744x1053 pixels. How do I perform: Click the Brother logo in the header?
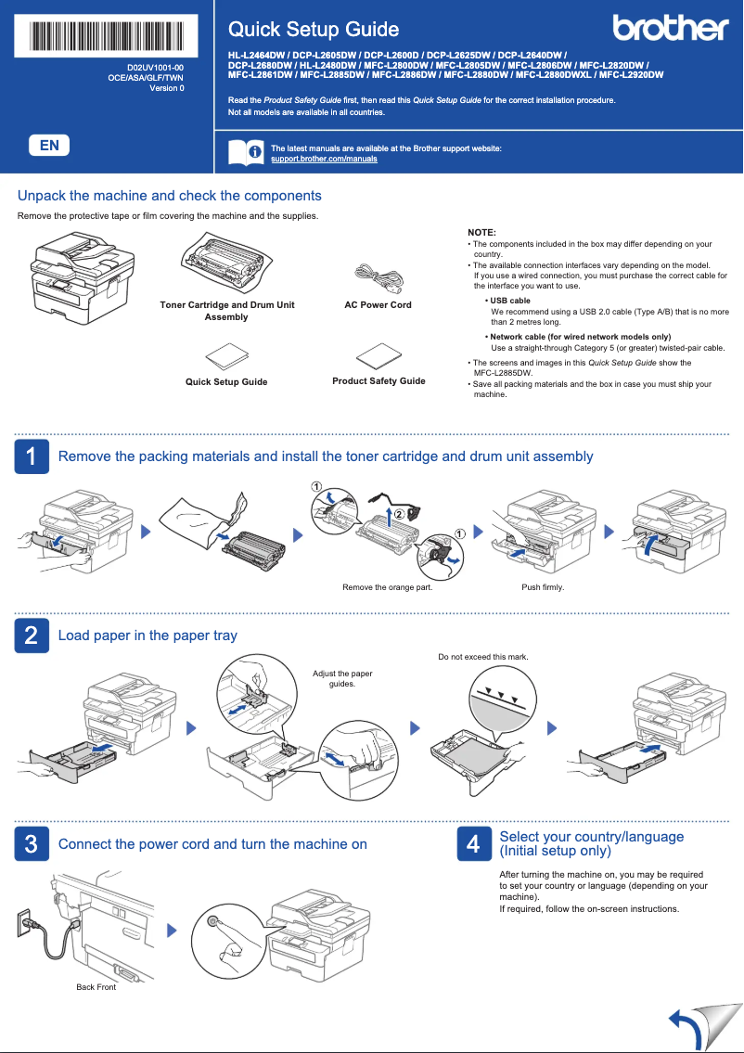671,28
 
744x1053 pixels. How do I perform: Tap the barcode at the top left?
108,35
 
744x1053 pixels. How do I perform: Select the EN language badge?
49,145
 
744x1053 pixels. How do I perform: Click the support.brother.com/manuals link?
324,160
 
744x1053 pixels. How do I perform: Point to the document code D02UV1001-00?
155,69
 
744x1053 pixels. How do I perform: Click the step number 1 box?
32,456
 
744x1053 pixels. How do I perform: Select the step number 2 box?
32,636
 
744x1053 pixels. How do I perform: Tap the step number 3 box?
32,844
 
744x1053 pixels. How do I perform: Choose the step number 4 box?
473,844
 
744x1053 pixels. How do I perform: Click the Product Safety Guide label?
378,381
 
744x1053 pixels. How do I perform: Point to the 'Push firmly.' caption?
543,587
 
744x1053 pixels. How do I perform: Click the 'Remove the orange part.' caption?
387,587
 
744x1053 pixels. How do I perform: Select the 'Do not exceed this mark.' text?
482,657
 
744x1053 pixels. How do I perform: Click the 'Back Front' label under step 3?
96,987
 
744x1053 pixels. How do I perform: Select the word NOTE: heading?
481,232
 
